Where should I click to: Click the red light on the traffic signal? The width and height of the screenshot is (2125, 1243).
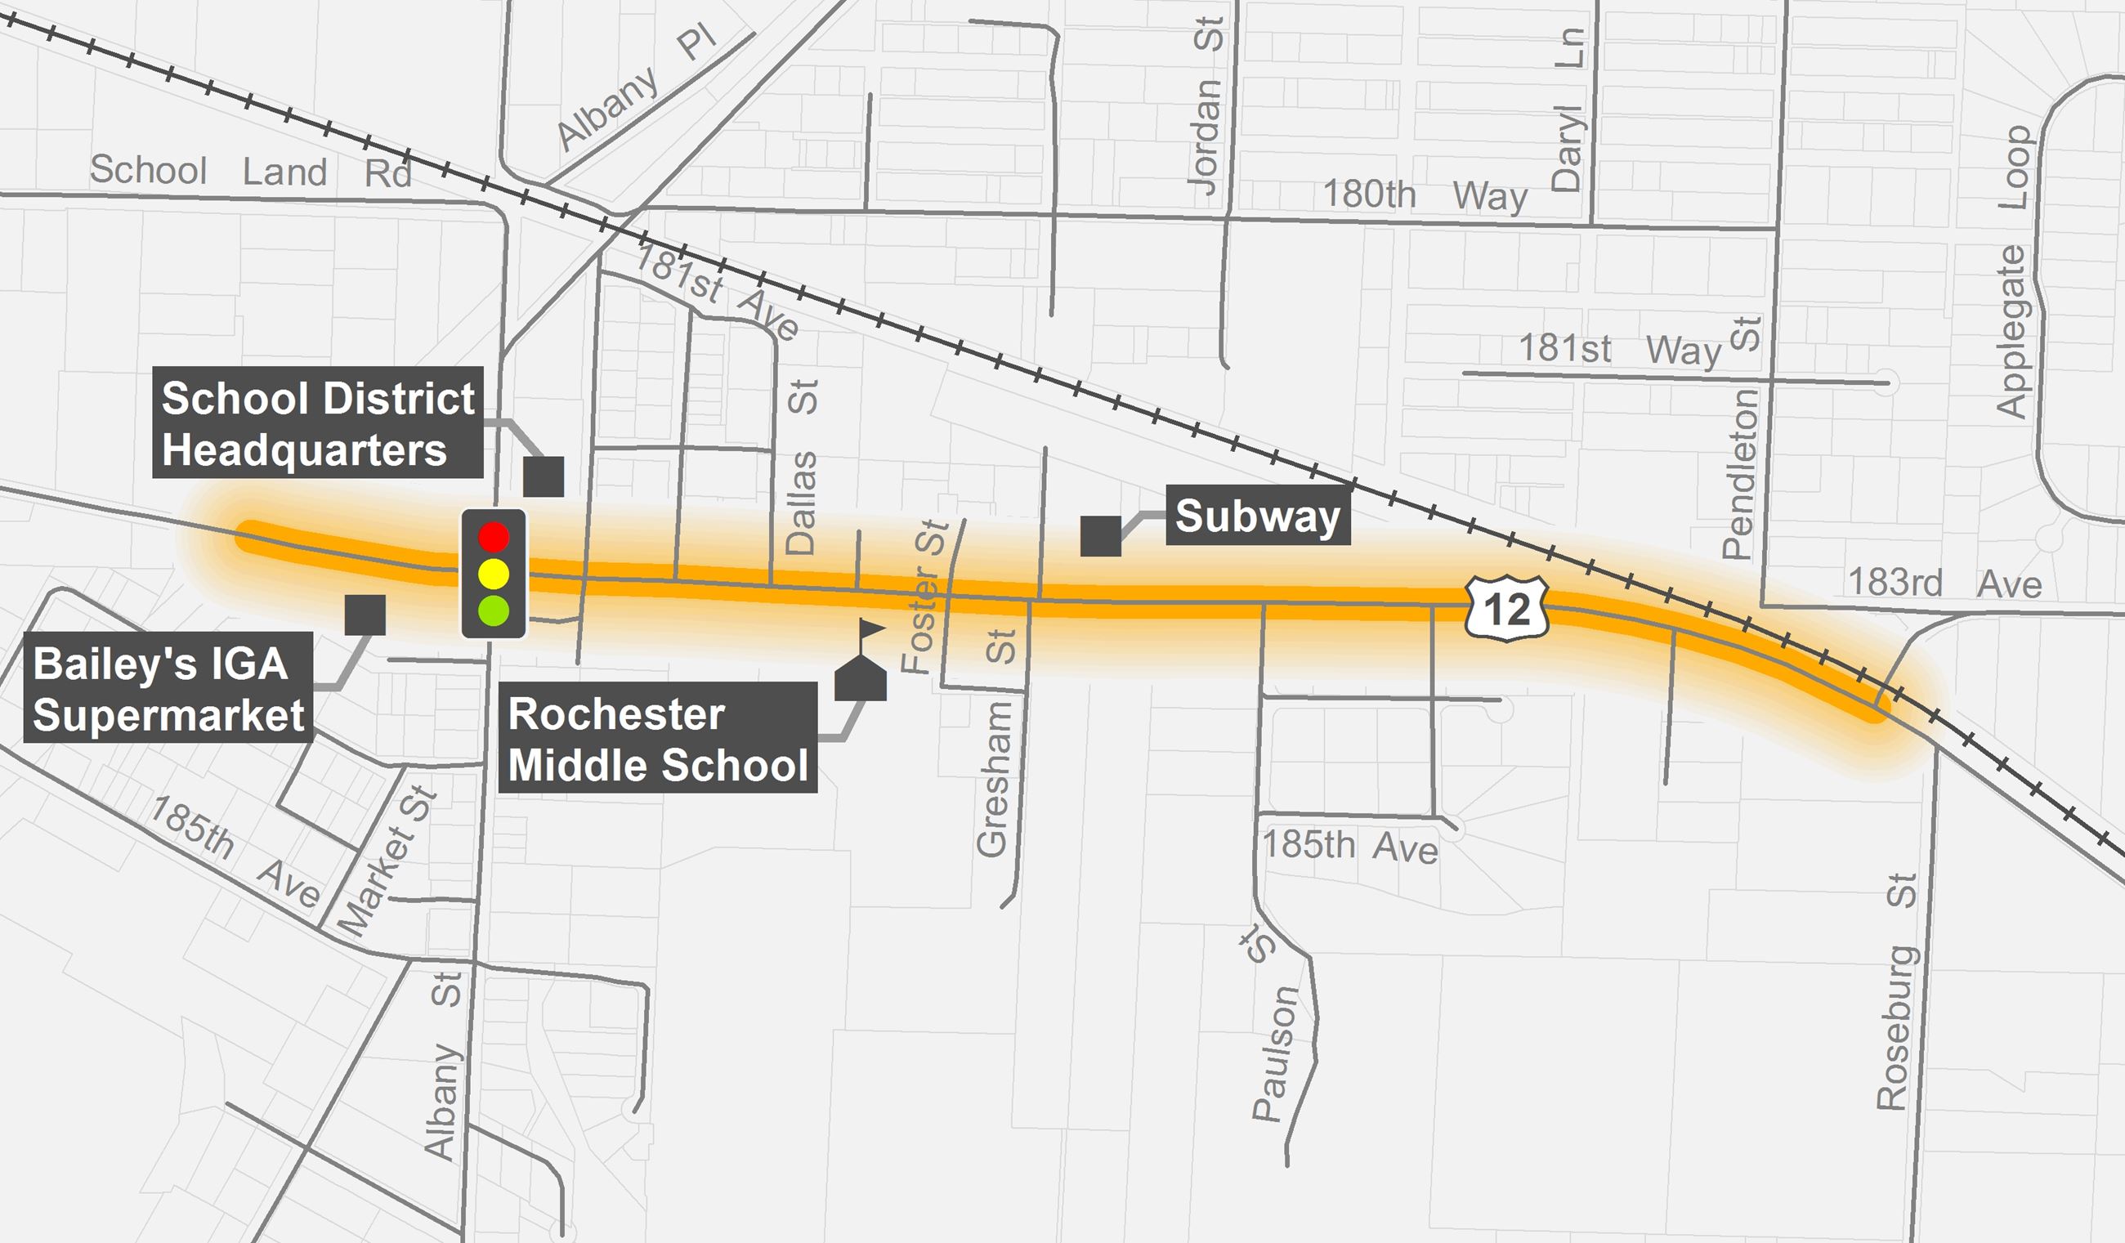coord(494,536)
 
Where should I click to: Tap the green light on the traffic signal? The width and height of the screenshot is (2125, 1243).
coord(494,610)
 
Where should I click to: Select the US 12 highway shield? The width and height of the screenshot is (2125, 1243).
coord(1507,607)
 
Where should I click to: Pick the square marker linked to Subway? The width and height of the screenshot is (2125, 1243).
coord(1100,536)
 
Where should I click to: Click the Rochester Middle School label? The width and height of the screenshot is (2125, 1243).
coord(658,740)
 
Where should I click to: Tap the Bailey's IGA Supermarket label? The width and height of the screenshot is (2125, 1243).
coord(168,689)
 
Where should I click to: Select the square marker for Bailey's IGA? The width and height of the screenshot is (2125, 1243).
coord(365,615)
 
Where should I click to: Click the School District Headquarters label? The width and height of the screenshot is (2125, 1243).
coord(318,423)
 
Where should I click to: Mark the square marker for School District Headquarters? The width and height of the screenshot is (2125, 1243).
coord(543,476)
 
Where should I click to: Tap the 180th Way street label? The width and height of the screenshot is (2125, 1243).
coord(1425,195)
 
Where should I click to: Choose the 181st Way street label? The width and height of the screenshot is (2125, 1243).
coord(1619,349)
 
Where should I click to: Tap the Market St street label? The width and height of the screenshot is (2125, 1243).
coord(387,862)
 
